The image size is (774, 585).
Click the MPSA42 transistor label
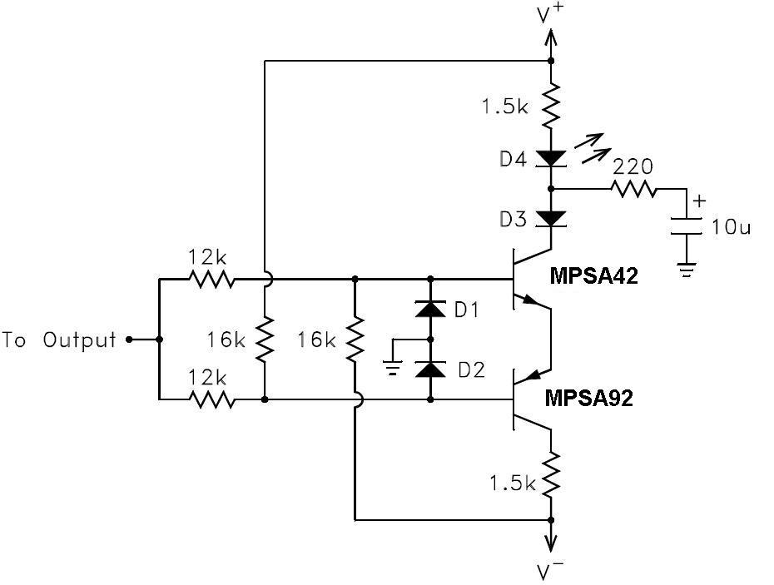tap(593, 276)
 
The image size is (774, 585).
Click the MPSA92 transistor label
tap(589, 398)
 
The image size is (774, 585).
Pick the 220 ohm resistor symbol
tap(634, 189)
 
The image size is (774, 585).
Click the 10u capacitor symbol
tap(686, 226)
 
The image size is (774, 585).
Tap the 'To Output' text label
tap(59, 340)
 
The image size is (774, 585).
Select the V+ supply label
tap(550, 14)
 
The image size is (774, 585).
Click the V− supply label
tap(551, 571)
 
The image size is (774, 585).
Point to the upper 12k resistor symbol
tap(212, 279)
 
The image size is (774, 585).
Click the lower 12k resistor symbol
tap(212, 399)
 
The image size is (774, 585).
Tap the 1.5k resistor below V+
tap(550, 105)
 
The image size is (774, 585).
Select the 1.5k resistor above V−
tap(550, 475)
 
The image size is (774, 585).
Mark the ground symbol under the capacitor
tap(686, 270)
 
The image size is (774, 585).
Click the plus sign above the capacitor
tap(699, 201)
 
